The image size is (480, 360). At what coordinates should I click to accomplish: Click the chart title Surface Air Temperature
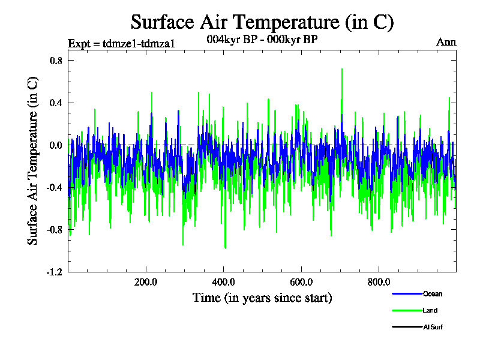[262, 22]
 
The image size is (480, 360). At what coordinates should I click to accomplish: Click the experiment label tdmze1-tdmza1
[121, 43]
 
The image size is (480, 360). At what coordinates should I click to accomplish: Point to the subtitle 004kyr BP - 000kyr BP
[262, 39]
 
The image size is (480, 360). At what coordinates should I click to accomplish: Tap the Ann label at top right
[446, 42]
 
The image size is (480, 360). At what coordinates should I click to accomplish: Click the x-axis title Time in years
[262, 298]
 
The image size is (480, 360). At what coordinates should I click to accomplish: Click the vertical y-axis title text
[34, 160]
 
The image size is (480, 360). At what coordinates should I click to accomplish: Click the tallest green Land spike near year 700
[342, 70]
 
